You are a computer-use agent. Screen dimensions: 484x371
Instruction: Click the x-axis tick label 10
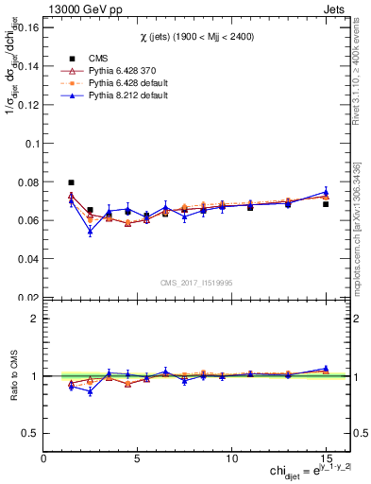(x=231, y=458)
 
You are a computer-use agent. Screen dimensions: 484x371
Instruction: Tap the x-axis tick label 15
(x=326, y=458)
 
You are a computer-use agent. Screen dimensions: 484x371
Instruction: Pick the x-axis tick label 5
(x=138, y=458)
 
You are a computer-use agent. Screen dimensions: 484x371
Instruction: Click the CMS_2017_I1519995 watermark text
(x=194, y=281)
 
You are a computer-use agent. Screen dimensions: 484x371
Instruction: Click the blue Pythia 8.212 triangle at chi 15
(x=326, y=192)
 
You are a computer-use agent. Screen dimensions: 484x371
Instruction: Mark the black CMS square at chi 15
(x=326, y=204)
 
